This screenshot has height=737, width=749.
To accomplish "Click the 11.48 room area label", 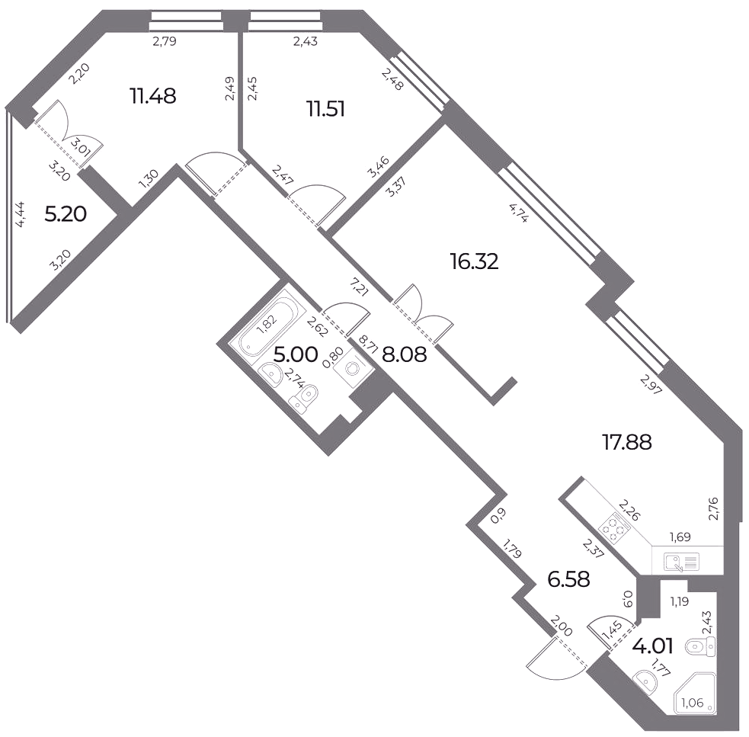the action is (x=153, y=97).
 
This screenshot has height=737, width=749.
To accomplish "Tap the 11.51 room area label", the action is (x=326, y=110).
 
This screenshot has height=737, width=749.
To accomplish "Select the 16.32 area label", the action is (x=475, y=261).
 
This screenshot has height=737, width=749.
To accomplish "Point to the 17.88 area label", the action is (x=627, y=443).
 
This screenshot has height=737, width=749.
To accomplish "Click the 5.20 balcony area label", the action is (x=66, y=214).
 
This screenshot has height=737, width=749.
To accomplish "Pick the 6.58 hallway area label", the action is (x=568, y=580).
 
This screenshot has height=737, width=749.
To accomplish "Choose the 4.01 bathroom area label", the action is (x=652, y=646).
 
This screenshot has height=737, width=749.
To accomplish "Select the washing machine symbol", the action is (x=350, y=367).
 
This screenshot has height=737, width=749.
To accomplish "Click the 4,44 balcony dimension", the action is (x=21, y=215).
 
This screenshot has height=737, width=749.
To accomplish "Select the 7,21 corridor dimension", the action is (x=358, y=286).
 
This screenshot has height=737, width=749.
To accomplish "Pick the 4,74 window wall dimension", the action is (x=519, y=213).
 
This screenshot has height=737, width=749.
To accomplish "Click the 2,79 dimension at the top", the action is (x=165, y=42).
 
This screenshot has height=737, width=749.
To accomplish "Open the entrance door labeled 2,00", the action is (x=556, y=662).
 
